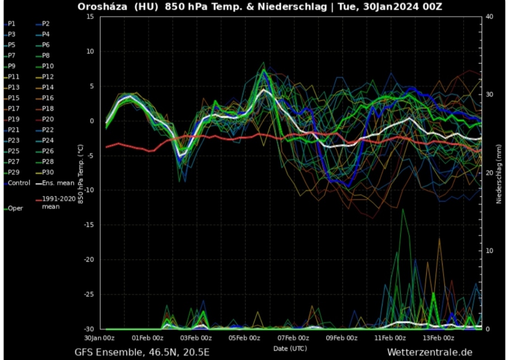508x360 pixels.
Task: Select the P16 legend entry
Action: [x=48, y=98]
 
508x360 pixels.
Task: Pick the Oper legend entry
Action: [x=15, y=209]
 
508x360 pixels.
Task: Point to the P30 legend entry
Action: [x=48, y=173]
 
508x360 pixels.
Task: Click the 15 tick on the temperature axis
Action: [x=90, y=16]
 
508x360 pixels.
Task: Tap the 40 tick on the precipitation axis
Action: [x=490, y=16]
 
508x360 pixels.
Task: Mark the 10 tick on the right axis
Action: [x=490, y=251]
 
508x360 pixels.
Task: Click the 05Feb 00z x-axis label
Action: [x=245, y=338]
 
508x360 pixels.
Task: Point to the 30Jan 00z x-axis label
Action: [x=99, y=338]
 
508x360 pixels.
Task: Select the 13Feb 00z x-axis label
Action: [x=438, y=338]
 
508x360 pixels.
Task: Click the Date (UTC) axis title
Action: [x=290, y=348]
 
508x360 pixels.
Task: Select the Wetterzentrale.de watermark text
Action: [x=430, y=353]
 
